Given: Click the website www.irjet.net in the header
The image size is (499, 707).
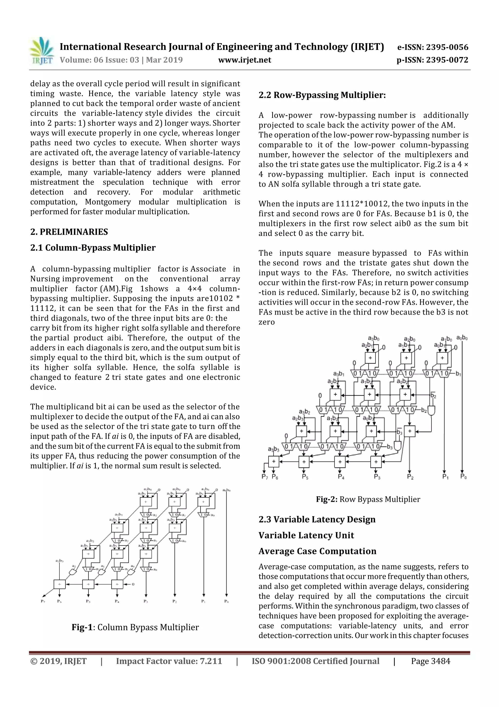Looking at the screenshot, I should tap(244, 60).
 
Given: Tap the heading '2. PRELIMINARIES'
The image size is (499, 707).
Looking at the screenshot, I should tap(69, 232).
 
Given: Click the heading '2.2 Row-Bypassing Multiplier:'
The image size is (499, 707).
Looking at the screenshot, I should tap(322, 95).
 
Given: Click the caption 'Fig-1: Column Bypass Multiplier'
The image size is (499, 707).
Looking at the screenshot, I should tap(135, 627).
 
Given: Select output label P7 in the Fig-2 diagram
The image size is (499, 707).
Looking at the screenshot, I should tap(264, 477).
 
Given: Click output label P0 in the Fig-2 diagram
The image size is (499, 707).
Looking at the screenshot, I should tap(463, 477).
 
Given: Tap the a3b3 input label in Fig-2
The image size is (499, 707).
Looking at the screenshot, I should tap(273, 450).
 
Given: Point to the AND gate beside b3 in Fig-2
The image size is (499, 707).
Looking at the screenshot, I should tap(398, 446).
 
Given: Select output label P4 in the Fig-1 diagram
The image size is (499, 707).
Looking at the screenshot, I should tap(117, 601).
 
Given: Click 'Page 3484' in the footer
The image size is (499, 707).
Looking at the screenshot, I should tap(431, 661).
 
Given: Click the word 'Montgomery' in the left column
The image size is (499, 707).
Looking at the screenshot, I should tap(108, 202).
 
